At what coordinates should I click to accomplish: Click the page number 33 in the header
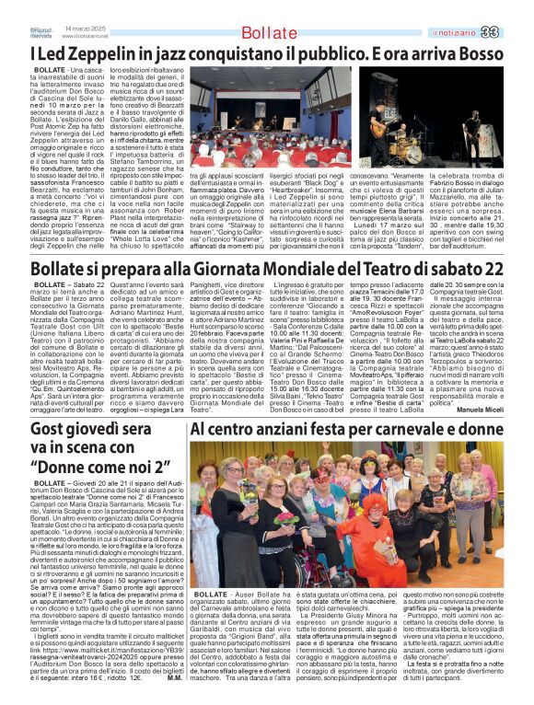pos(516,32)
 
